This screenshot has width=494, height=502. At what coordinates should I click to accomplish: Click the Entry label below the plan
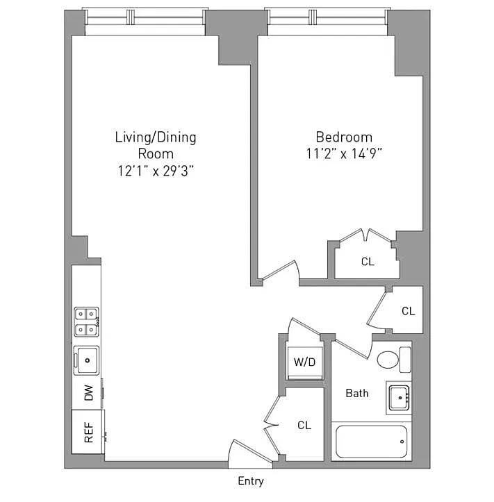point(251,481)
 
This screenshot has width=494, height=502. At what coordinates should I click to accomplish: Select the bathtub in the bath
point(371,442)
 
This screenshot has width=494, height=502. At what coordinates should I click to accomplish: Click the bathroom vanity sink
point(400,398)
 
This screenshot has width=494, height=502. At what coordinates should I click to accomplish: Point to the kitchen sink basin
point(87,360)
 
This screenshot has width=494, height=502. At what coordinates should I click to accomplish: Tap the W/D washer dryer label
point(304,362)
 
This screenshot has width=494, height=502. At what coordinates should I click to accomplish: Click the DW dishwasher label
point(88,393)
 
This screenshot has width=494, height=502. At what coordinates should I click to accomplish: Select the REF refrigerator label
point(89,432)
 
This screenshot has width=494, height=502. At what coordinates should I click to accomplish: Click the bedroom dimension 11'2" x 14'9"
point(344,153)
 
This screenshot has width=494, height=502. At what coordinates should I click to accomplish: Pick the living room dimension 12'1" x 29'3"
point(156,171)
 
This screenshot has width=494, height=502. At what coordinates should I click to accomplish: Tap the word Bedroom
point(344,137)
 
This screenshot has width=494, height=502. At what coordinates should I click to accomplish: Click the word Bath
point(357,393)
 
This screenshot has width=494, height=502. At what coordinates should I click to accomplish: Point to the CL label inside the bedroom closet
point(368,262)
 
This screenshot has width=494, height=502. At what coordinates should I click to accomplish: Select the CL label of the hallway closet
point(408,311)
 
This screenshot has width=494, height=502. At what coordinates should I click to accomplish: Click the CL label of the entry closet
point(304,425)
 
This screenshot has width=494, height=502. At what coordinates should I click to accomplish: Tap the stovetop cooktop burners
point(86,321)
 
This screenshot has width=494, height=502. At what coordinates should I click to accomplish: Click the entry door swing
point(250,451)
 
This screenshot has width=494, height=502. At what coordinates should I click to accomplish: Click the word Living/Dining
point(156,137)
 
